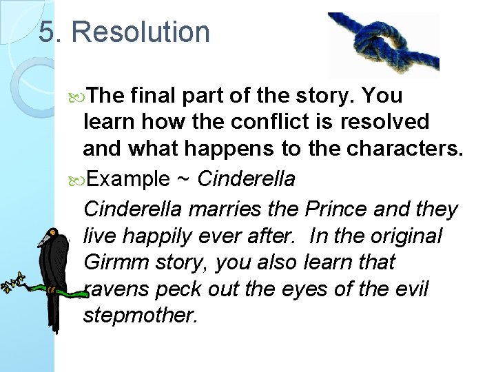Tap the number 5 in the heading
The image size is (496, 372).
47,32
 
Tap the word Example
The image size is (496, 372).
129,179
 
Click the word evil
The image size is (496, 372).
412,289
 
